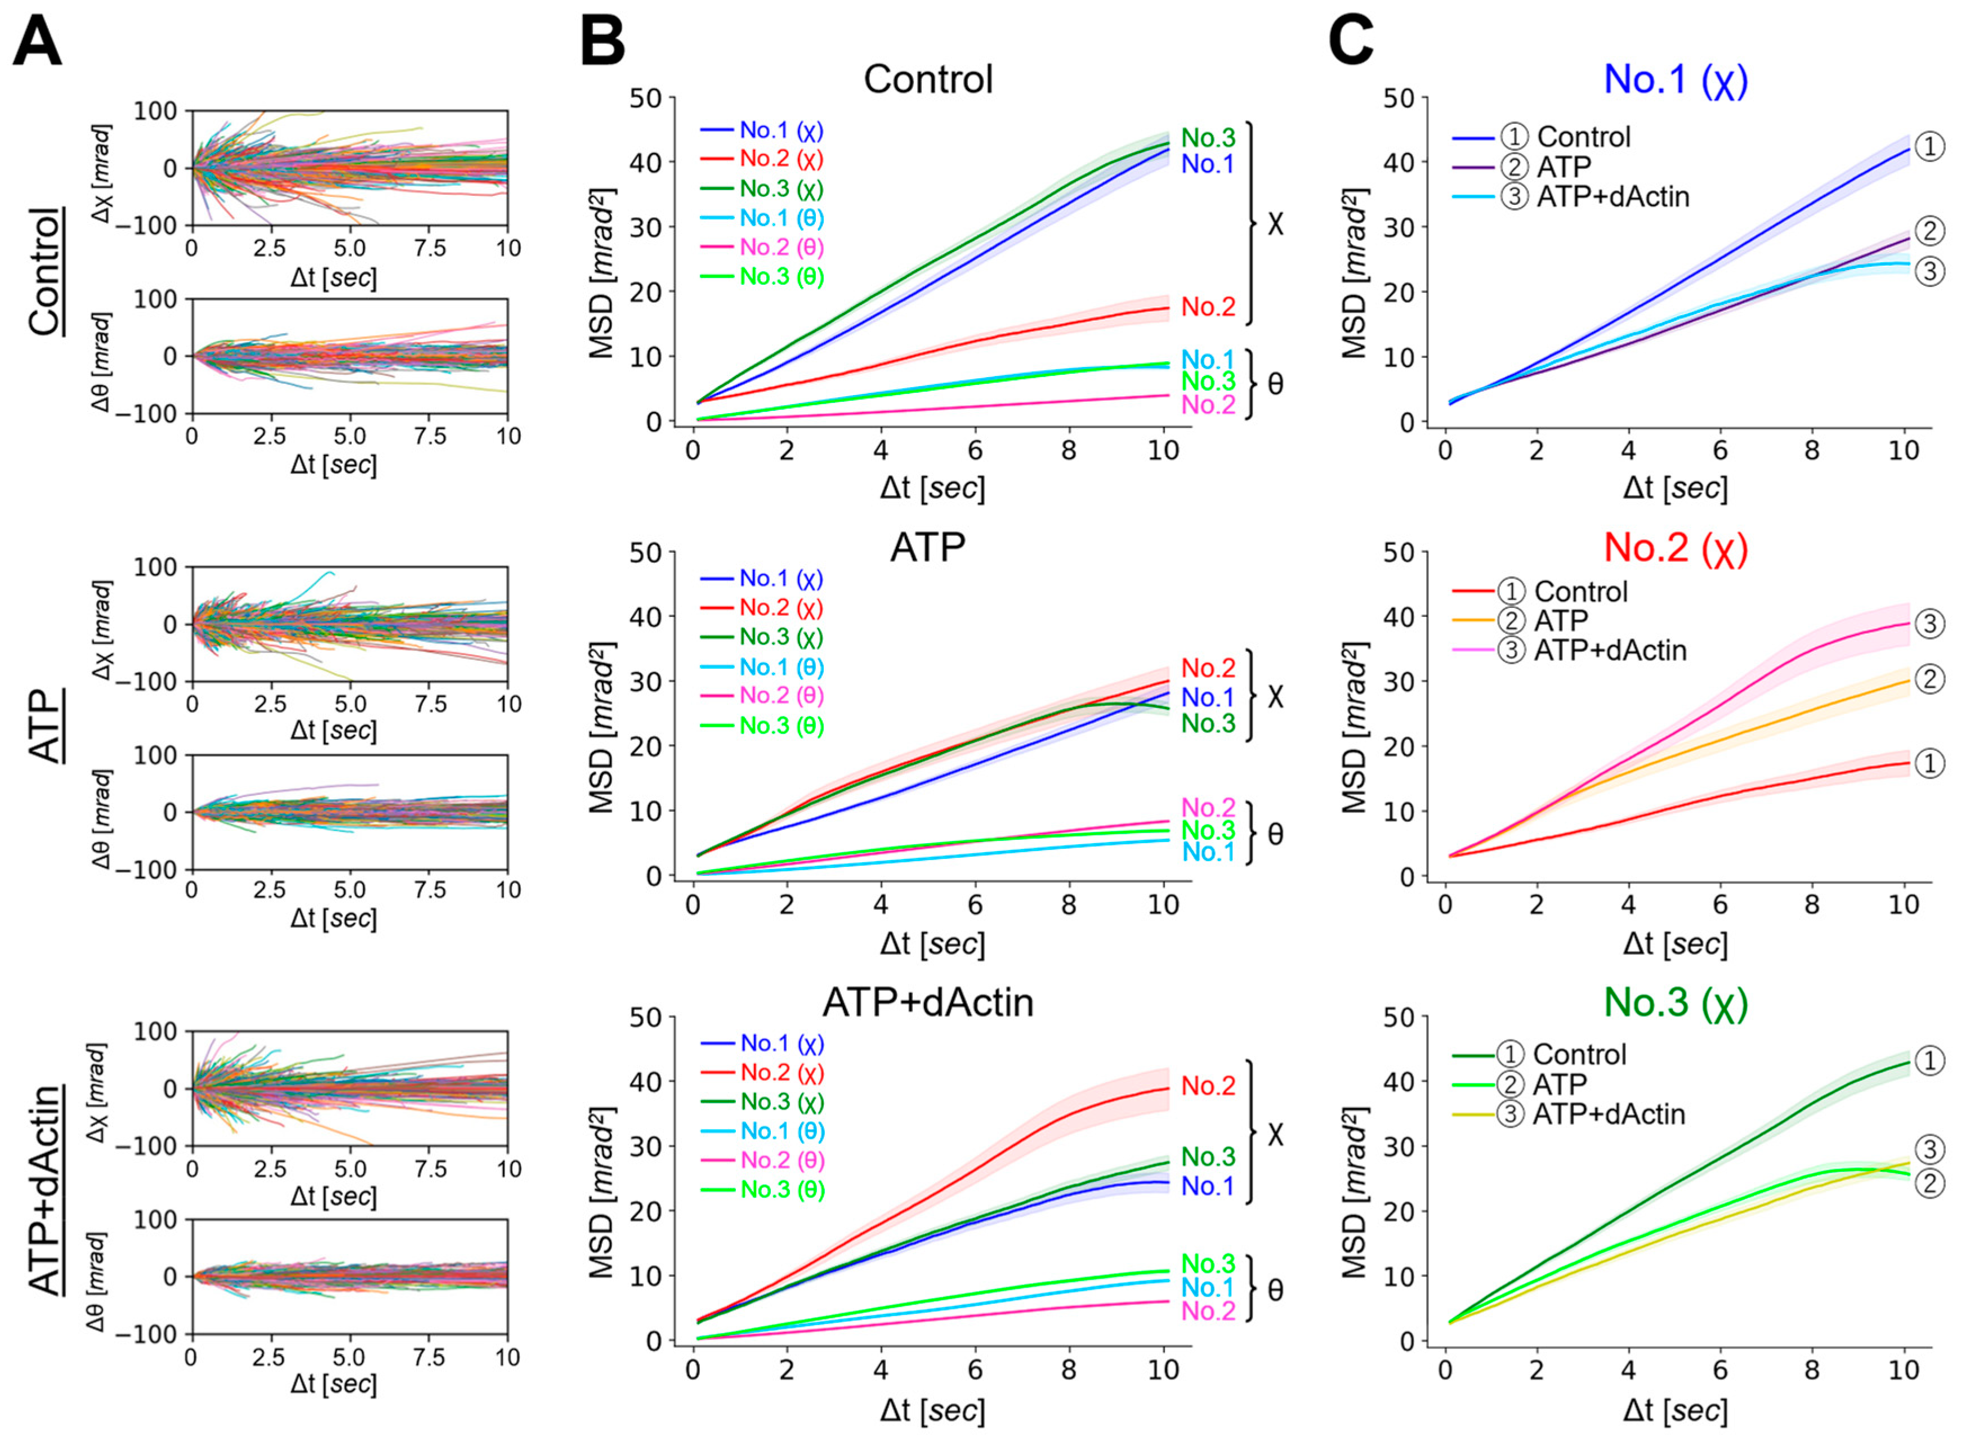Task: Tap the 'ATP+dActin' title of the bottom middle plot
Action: [928, 1002]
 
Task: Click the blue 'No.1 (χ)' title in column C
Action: [1676, 80]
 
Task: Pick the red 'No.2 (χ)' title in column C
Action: [1676, 548]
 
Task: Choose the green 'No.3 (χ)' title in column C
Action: [1676, 1002]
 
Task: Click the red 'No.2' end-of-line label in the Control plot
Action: [1208, 307]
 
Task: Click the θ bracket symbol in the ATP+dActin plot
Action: [1275, 1289]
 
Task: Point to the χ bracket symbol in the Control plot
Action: [1275, 224]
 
